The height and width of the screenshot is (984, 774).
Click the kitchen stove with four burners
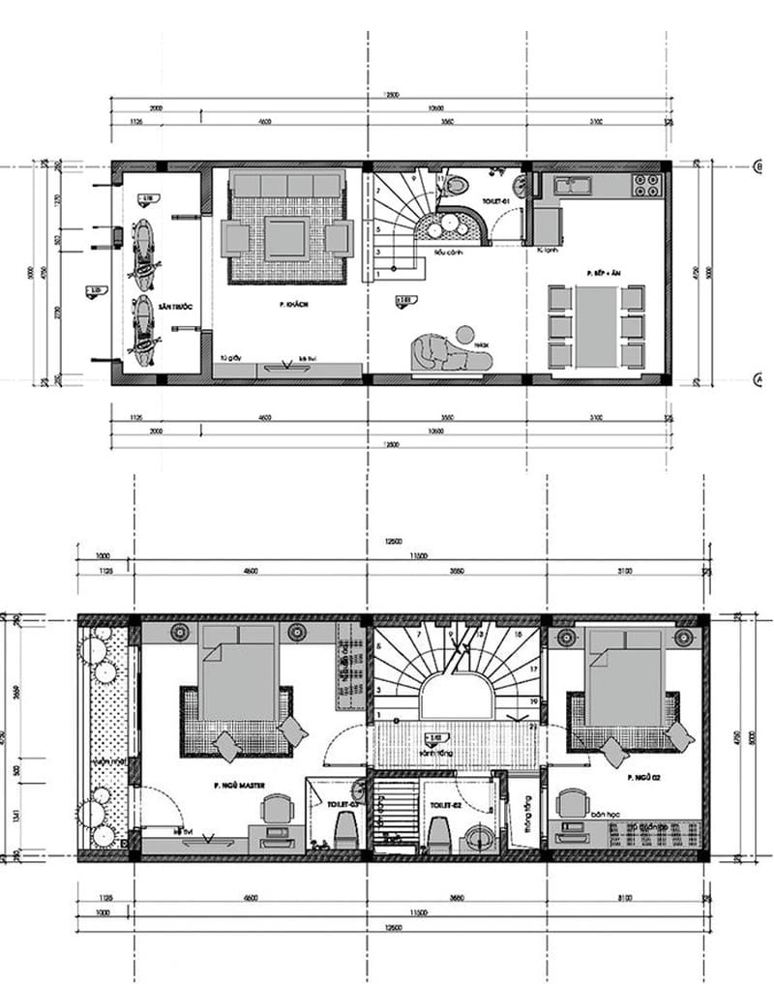tap(645, 186)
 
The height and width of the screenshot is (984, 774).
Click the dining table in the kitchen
tap(596, 326)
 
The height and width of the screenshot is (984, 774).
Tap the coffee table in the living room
tap(286, 237)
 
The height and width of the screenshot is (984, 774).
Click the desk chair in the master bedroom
tap(278, 809)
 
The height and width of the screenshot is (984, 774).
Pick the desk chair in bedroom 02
tap(572, 802)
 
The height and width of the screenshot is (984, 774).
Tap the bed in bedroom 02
tap(625, 677)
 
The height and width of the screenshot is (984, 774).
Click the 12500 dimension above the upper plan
tap(392, 95)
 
